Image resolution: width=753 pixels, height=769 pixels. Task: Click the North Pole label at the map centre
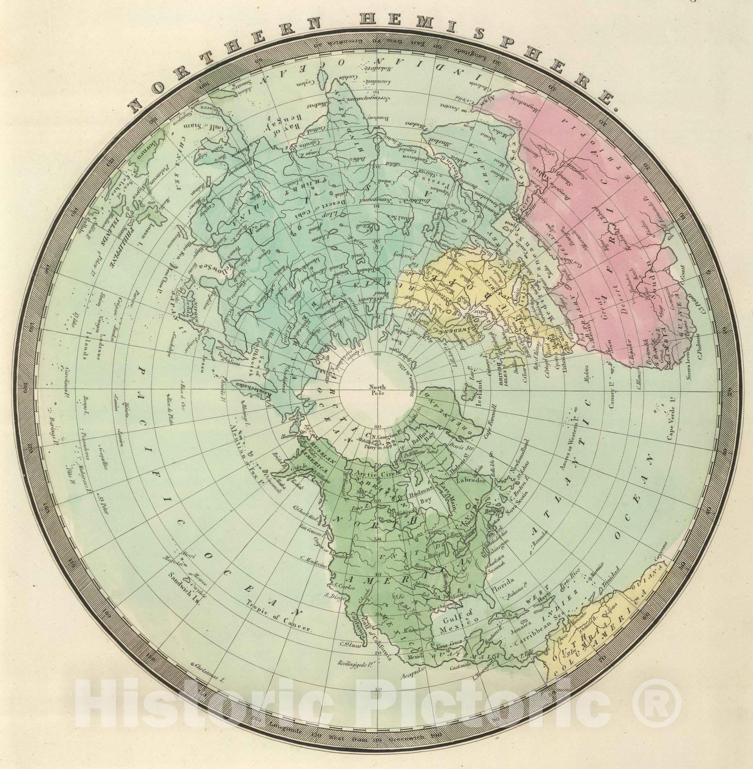(x=377, y=389)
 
